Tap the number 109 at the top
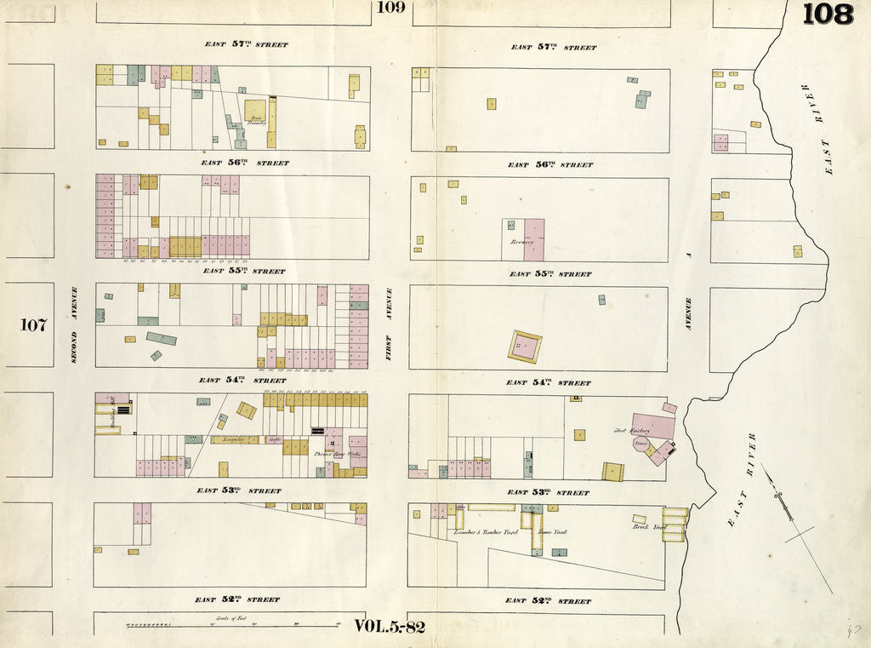390,8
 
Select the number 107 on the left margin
34,324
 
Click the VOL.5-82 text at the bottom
389,627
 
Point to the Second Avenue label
74,324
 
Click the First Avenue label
389,324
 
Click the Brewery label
521,242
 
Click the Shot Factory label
631,431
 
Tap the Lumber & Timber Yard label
486,531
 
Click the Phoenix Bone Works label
338,454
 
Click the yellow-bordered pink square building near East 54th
525,346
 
